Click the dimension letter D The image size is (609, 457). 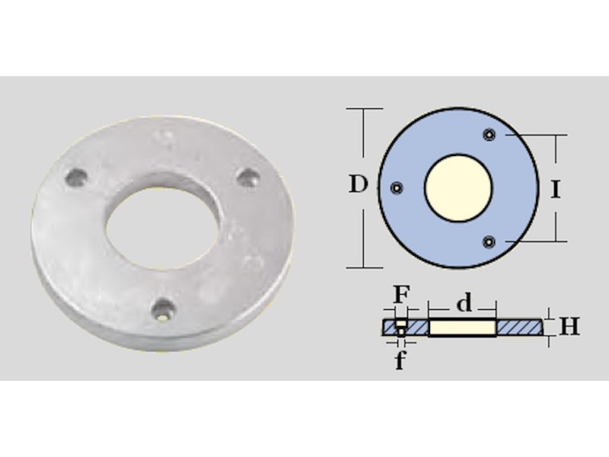[358, 184]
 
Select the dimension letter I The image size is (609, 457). [556, 190]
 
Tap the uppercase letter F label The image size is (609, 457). [401, 295]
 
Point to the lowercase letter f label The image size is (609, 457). [400, 360]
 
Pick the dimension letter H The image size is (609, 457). [569, 326]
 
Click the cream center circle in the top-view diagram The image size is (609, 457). [458, 188]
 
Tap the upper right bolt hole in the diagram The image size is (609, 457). [489, 135]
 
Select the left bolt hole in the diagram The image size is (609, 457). [397, 188]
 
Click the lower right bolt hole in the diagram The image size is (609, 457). [489, 241]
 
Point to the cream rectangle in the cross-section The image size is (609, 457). [462, 328]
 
